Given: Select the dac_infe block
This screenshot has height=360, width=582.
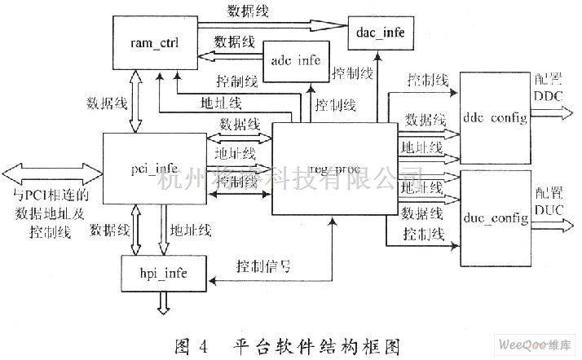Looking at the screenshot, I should tap(380, 33).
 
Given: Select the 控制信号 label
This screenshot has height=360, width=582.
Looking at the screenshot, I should tap(263, 266).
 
